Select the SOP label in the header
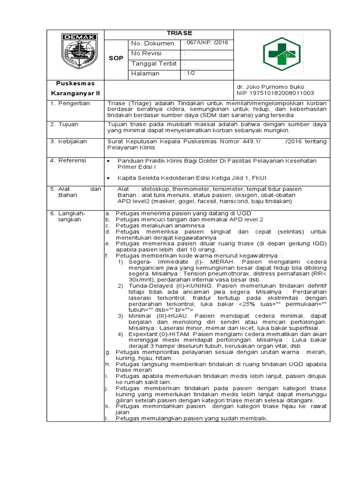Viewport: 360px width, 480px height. tap(116, 59)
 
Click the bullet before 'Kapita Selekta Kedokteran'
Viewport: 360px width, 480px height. tap(109, 179)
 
